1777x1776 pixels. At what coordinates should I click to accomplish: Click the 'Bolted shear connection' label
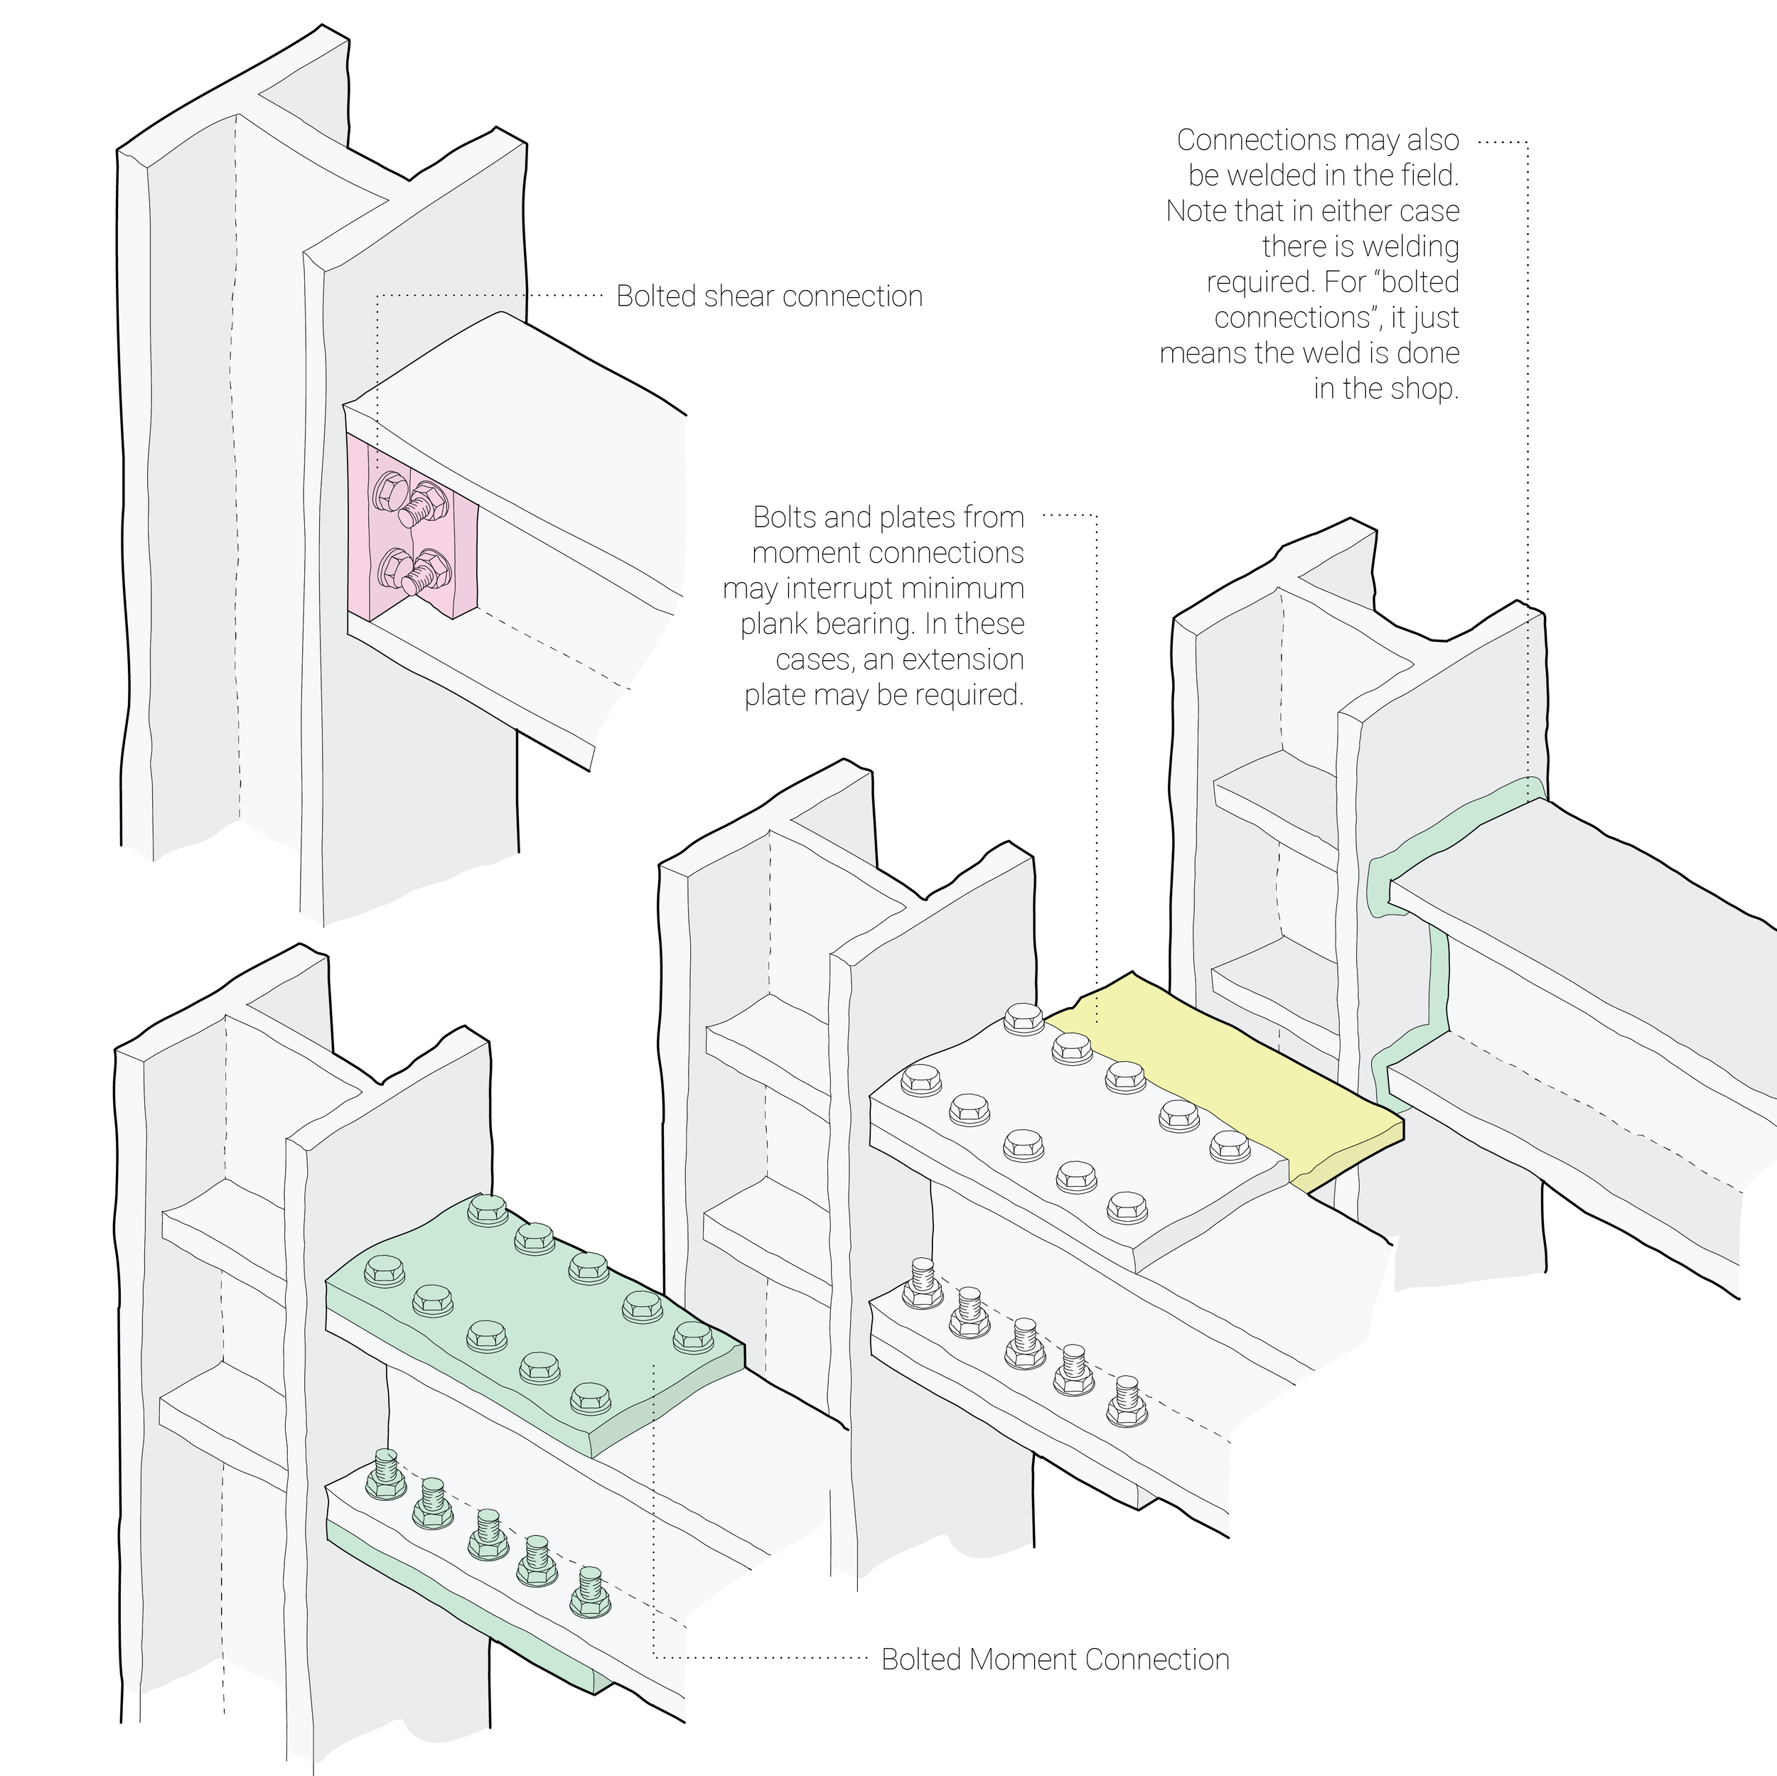[769, 296]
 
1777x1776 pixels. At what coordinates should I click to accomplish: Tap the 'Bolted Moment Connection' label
[1055, 1659]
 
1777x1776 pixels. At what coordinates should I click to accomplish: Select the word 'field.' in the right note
[1424, 175]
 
